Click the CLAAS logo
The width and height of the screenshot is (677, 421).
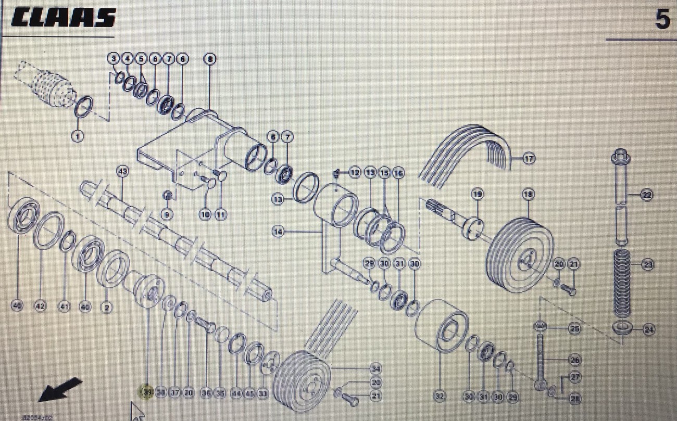pyautogui.click(x=63, y=18)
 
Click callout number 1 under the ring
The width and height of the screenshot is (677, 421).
pyautogui.click(x=77, y=136)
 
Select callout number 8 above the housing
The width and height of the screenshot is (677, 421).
pyautogui.click(x=209, y=59)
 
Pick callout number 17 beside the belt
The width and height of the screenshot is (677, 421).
pyautogui.click(x=529, y=159)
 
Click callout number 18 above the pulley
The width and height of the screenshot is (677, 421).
pyautogui.click(x=528, y=195)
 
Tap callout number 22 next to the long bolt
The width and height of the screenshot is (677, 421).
pyautogui.click(x=646, y=195)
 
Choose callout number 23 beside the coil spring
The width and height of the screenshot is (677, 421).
pyautogui.click(x=647, y=265)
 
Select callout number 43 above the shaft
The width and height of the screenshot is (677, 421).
pyautogui.click(x=122, y=171)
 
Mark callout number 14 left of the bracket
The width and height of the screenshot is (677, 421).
pyautogui.click(x=278, y=232)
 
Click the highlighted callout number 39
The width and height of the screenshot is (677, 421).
pyautogui.click(x=147, y=393)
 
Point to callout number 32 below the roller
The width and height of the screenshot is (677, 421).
pyautogui.click(x=440, y=397)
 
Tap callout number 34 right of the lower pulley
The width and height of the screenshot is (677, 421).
pyautogui.click(x=375, y=369)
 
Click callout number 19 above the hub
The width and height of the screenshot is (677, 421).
pyautogui.click(x=478, y=195)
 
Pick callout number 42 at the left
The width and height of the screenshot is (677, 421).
pyautogui.click(x=40, y=307)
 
